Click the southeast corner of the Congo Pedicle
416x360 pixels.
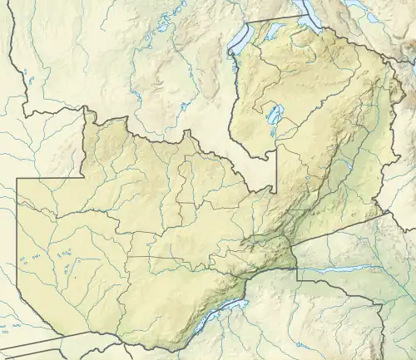point(274,185)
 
